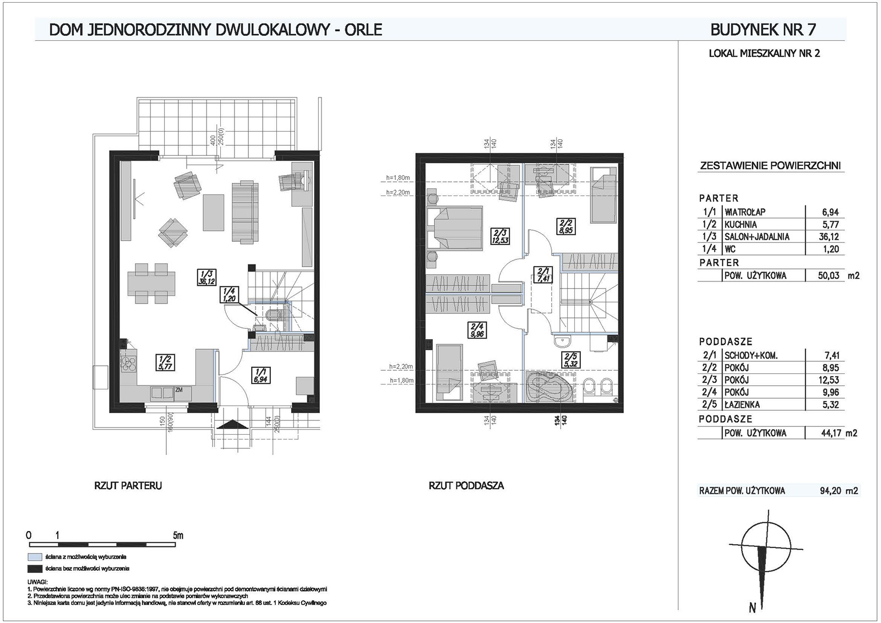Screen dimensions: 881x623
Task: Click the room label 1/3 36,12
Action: pyautogui.click(x=206, y=277)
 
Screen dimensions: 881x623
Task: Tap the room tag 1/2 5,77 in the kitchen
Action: pyautogui.click(x=165, y=362)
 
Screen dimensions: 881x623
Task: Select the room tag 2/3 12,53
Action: pyautogui.click(x=501, y=236)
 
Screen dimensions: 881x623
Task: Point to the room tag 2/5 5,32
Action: pyautogui.click(x=570, y=359)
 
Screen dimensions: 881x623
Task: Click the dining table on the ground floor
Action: pyautogui.click(x=151, y=283)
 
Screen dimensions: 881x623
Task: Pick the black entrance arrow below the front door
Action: pyautogui.click(x=233, y=425)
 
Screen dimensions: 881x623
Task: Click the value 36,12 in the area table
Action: pyautogui.click(x=830, y=236)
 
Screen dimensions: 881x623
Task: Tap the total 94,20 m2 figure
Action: pyautogui.click(x=838, y=491)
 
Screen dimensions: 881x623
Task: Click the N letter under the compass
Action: pyautogui.click(x=752, y=608)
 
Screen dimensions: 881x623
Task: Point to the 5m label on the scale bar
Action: pyautogui.click(x=178, y=535)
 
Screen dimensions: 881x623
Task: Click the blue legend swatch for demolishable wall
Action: pyautogui.click(x=35, y=557)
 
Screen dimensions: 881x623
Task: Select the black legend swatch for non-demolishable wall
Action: pyautogui.click(x=35, y=568)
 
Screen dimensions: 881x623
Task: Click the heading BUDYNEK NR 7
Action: pyautogui.click(x=763, y=30)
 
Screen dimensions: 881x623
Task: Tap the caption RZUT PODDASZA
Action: pyautogui.click(x=466, y=486)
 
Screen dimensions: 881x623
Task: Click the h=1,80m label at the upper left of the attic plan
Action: pyautogui.click(x=398, y=177)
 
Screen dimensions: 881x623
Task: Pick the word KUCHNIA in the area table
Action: pyautogui.click(x=741, y=224)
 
